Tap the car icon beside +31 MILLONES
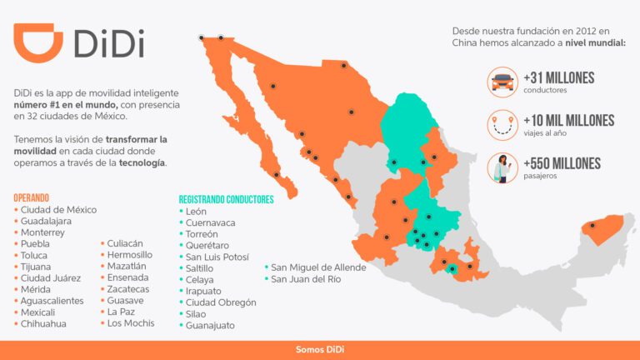[502, 82]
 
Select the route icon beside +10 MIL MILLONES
[502, 125]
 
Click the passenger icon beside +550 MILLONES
[502, 168]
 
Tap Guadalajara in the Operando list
[47, 221]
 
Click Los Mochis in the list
[131, 323]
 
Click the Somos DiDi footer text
[320, 349]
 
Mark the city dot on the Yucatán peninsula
[592, 225]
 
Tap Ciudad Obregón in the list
[221, 302]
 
